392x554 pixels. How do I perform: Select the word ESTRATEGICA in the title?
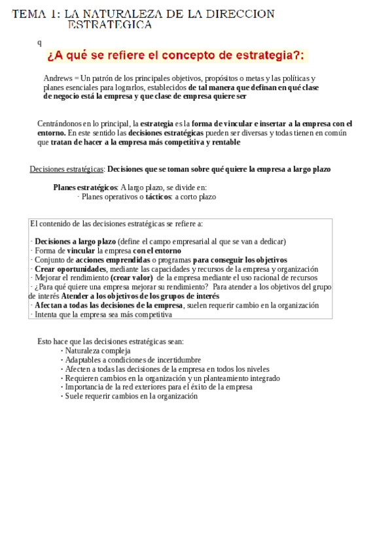[x=110, y=25]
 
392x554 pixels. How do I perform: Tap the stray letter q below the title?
[x=39, y=42]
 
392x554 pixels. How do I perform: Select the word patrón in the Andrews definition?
[x=102, y=78]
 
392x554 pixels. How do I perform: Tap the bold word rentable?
[x=223, y=142]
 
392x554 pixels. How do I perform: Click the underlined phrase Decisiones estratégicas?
[x=67, y=169]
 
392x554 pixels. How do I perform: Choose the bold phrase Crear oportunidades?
[x=70, y=269]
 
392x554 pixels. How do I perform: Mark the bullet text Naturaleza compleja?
[x=98, y=351]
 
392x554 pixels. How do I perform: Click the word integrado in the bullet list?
[x=262, y=378]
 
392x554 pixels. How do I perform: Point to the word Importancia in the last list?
[x=84, y=387]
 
